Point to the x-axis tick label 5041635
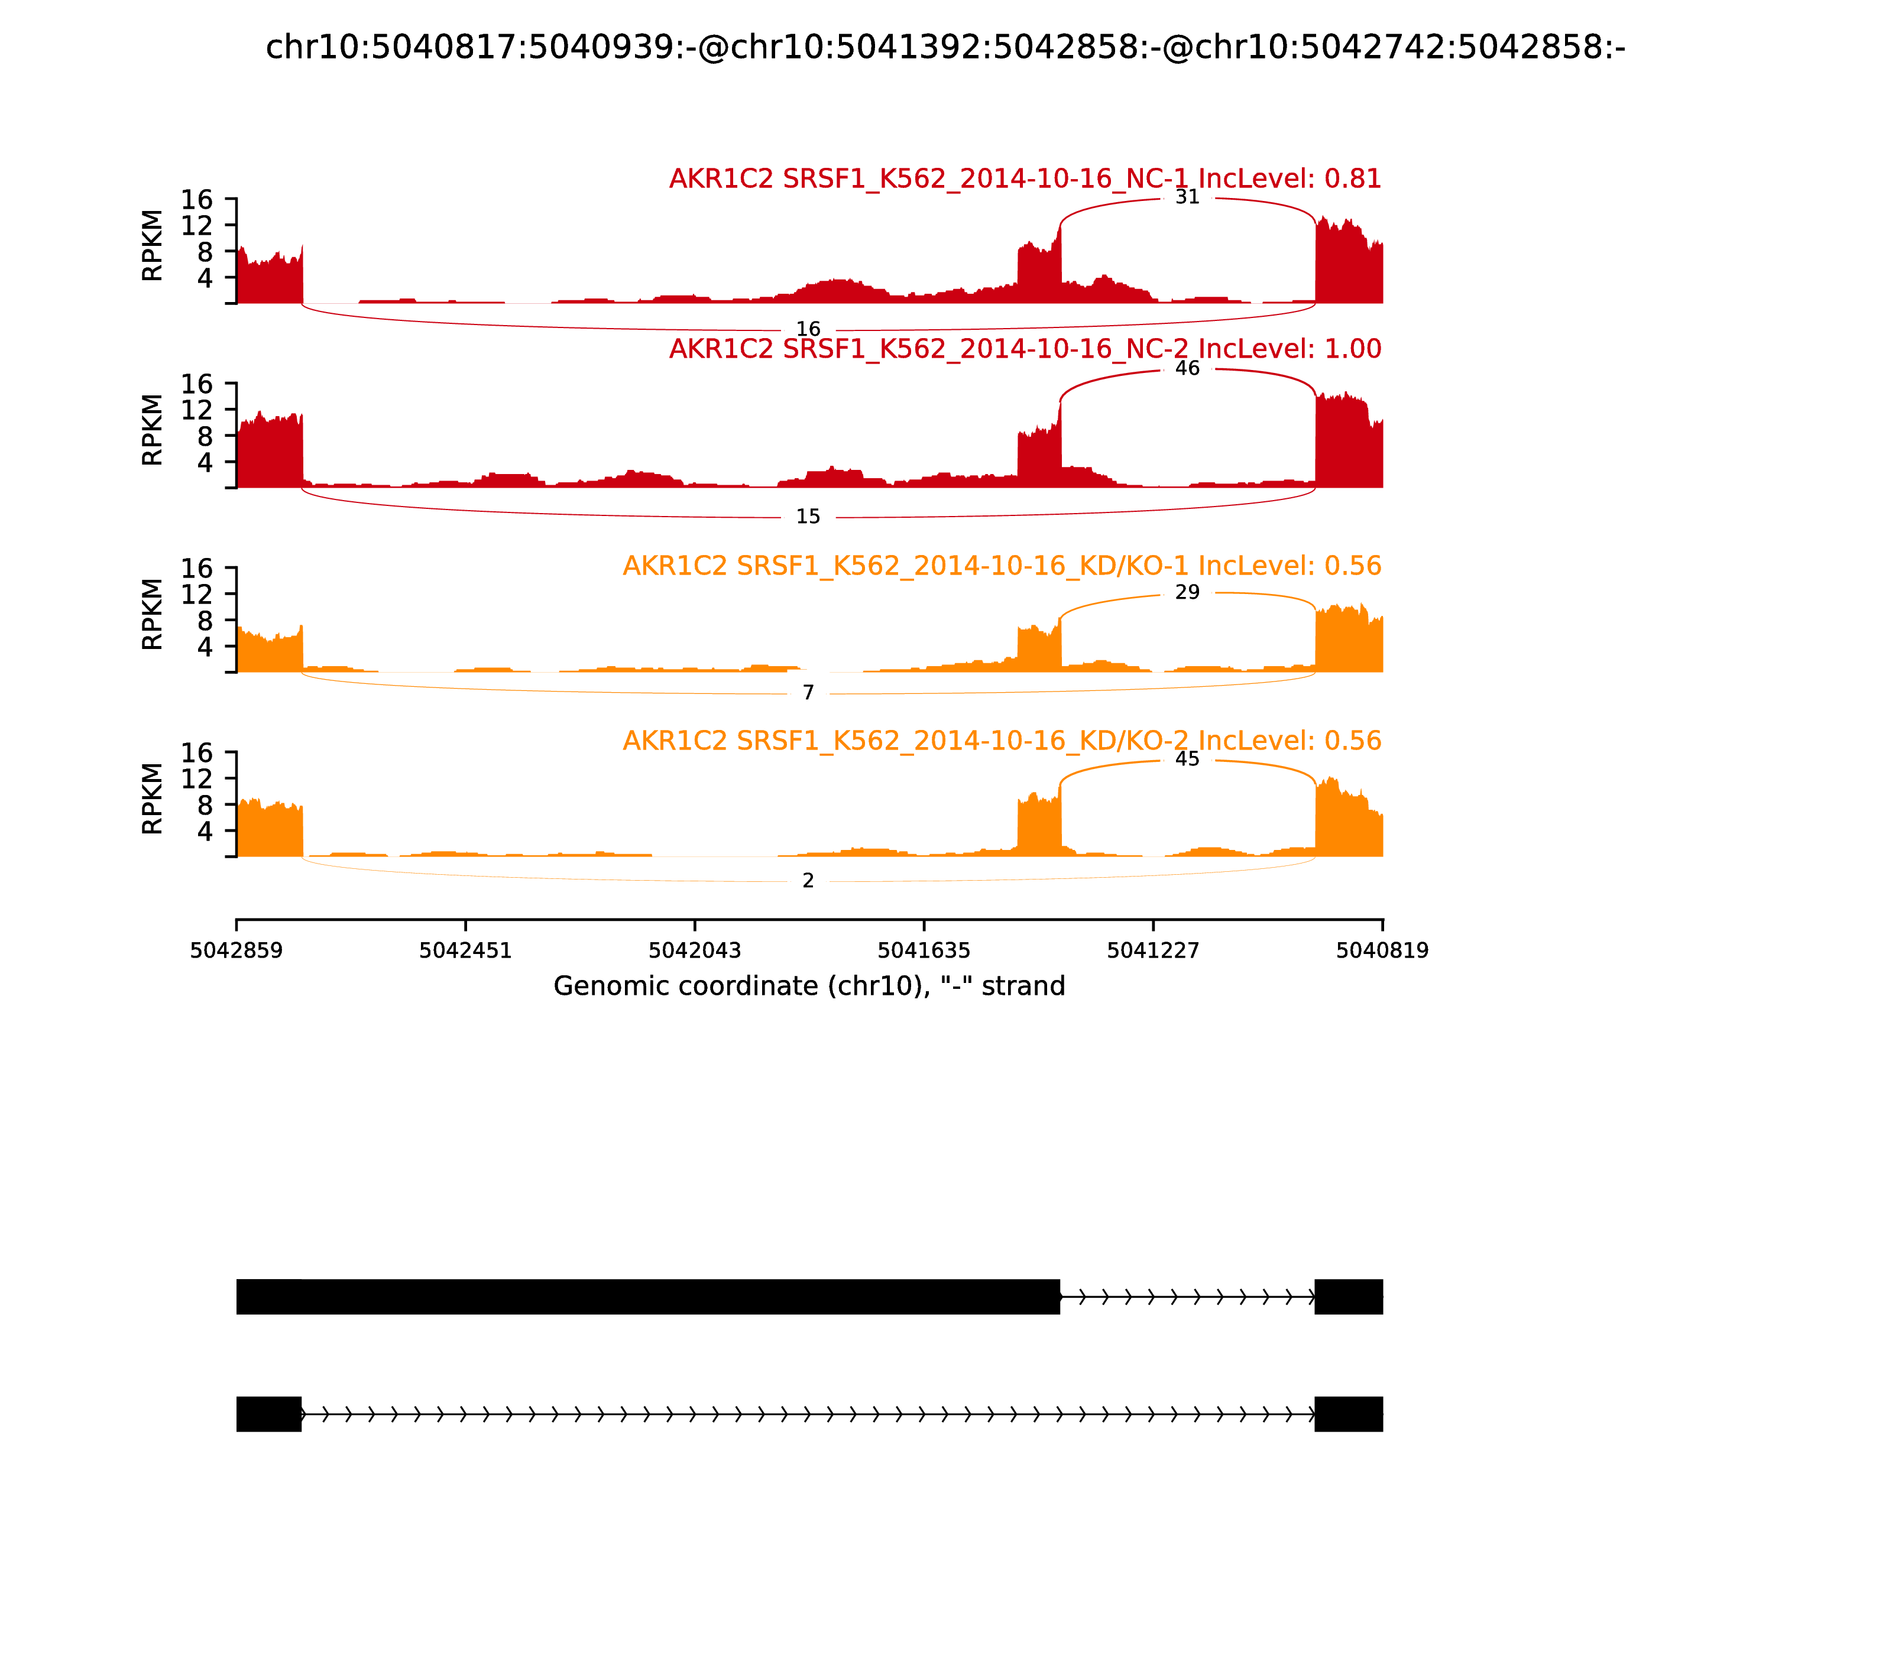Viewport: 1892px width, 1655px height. [x=923, y=950]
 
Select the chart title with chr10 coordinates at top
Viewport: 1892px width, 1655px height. [x=945, y=47]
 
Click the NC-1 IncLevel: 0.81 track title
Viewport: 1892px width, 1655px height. [x=1025, y=179]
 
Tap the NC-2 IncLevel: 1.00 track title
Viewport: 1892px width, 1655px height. [x=1025, y=349]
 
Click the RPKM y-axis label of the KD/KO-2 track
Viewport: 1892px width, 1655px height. [x=153, y=798]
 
